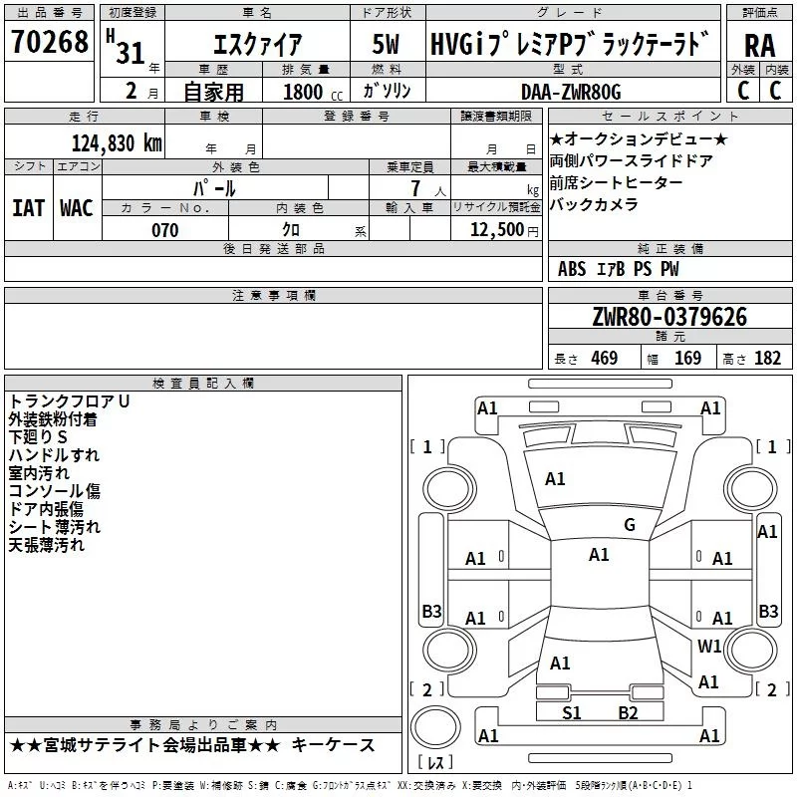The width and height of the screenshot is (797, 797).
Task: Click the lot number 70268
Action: [50, 41]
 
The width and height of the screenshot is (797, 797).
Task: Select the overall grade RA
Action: [760, 46]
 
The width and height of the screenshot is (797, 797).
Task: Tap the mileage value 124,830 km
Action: [117, 143]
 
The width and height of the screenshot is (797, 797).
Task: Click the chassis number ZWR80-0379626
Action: [669, 317]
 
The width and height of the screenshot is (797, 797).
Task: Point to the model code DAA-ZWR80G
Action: [571, 92]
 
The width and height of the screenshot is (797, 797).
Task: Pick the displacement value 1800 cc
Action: [313, 92]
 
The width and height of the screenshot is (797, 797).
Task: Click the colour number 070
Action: [165, 230]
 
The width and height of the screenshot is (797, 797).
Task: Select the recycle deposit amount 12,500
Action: [497, 230]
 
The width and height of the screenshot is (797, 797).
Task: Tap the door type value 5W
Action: [386, 44]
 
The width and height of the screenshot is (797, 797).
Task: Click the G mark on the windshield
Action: [630, 525]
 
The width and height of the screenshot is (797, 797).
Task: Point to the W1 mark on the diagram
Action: [709, 646]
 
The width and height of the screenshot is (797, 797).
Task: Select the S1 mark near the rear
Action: [571, 713]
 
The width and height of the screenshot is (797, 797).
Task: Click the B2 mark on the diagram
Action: [628, 713]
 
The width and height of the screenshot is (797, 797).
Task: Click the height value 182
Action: [767, 358]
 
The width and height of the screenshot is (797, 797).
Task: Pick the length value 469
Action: [605, 358]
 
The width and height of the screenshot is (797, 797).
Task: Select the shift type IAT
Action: [28, 208]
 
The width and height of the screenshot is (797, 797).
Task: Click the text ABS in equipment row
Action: [572, 269]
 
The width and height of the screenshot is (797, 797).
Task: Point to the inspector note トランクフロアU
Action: [69, 401]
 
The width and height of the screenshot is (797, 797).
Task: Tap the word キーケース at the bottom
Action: [334, 745]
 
